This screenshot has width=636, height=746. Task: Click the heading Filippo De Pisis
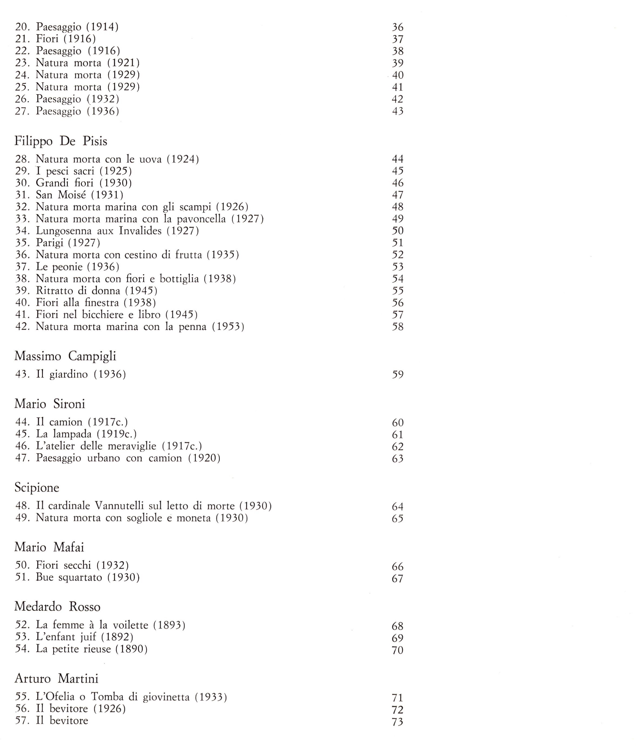(x=60, y=141)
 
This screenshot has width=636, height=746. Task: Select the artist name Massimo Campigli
(x=65, y=356)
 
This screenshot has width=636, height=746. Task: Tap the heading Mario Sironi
(x=50, y=404)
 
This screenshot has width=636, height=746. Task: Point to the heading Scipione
(x=37, y=488)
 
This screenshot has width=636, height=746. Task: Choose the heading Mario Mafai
(x=49, y=547)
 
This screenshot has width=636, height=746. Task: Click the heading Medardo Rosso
(x=57, y=607)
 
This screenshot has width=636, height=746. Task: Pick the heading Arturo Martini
(x=56, y=678)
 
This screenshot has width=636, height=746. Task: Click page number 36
(x=398, y=27)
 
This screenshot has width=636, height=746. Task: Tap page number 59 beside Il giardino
(x=398, y=375)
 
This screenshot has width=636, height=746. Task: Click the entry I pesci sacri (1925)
(x=84, y=171)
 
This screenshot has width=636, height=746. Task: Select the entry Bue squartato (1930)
(x=87, y=577)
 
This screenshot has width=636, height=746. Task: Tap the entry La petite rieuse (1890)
(x=92, y=649)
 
